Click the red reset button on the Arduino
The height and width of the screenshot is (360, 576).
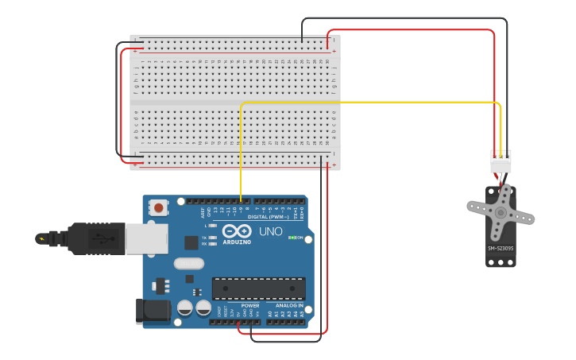pos(159,208)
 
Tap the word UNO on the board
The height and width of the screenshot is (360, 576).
pos(271,231)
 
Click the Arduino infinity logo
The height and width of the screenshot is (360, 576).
pos(236,230)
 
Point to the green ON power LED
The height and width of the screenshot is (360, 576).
pos(292,238)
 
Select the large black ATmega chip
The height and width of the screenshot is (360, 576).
pos(258,288)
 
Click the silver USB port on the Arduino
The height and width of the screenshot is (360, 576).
pos(147,238)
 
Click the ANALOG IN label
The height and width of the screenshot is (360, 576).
pos(288,305)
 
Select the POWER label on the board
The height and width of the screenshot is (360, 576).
pos(250,305)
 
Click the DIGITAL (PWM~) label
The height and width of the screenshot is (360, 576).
pos(269,216)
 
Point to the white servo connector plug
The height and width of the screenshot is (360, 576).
pos(501,162)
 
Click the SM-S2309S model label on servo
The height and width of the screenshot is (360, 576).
pos(501,248)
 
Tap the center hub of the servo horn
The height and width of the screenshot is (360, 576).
pos(501,213)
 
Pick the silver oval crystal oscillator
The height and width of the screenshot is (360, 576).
pos(189,263)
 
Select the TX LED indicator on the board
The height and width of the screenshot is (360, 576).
pos(212,238)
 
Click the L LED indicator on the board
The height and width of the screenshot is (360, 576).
pos(212,226)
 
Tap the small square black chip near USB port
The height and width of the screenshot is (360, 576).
pos(191,242)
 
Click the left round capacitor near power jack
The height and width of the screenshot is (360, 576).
pos(185,308)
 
